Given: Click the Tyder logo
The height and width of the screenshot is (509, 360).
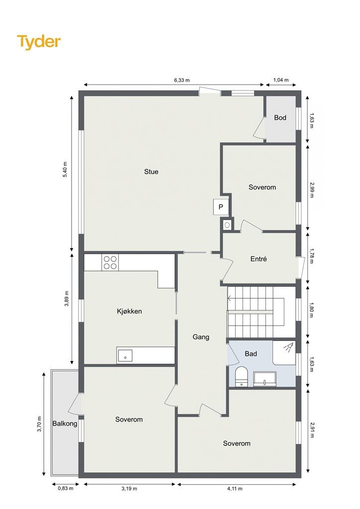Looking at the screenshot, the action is tap(39, 42).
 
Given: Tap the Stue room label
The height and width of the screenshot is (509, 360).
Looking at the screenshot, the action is tap(151, 171).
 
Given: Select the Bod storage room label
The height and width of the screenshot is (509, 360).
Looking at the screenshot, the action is tap(280, 117).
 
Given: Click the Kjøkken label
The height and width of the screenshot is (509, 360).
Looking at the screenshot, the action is tap(129, 311).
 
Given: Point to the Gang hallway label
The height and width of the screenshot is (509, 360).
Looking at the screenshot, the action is tap(201, 337).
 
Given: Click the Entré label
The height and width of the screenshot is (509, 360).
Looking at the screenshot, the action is tap(259, 259).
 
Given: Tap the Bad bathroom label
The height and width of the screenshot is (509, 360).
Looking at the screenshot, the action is tap(251, 354).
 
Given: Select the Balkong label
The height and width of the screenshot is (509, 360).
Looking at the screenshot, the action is tap(65, 424).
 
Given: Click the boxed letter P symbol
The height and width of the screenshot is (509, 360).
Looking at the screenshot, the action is tap(221, 207).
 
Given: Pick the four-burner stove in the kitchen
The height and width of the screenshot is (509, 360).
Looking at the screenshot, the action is tap(110, 262).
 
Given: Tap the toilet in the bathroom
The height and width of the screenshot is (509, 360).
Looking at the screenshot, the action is tap(241, 377).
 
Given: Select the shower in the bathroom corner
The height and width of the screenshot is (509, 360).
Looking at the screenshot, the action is tap(284, 353).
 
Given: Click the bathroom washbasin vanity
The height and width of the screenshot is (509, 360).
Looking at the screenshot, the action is tap(265, 379).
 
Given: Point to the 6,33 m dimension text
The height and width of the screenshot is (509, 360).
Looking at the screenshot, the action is tap(182, 80).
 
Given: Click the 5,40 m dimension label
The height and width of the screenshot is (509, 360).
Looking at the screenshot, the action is tap(65, 170).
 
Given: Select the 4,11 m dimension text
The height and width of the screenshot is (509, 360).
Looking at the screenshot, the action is tap(234, 489).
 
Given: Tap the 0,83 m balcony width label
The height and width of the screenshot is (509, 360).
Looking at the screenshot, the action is tap(66, 488).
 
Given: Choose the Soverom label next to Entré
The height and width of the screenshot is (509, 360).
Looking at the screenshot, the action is tap(262, 187).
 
